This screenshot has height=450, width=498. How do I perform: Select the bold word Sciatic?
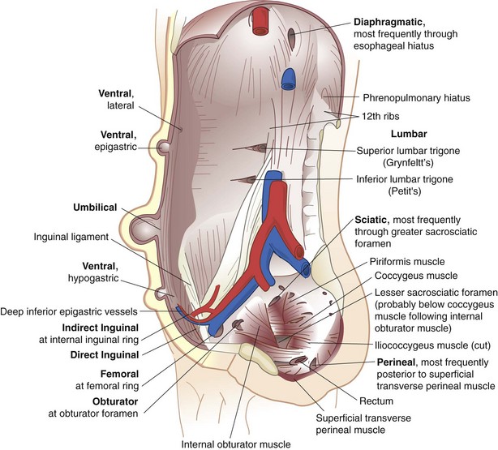pyautogui.click(x=374, y=220)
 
